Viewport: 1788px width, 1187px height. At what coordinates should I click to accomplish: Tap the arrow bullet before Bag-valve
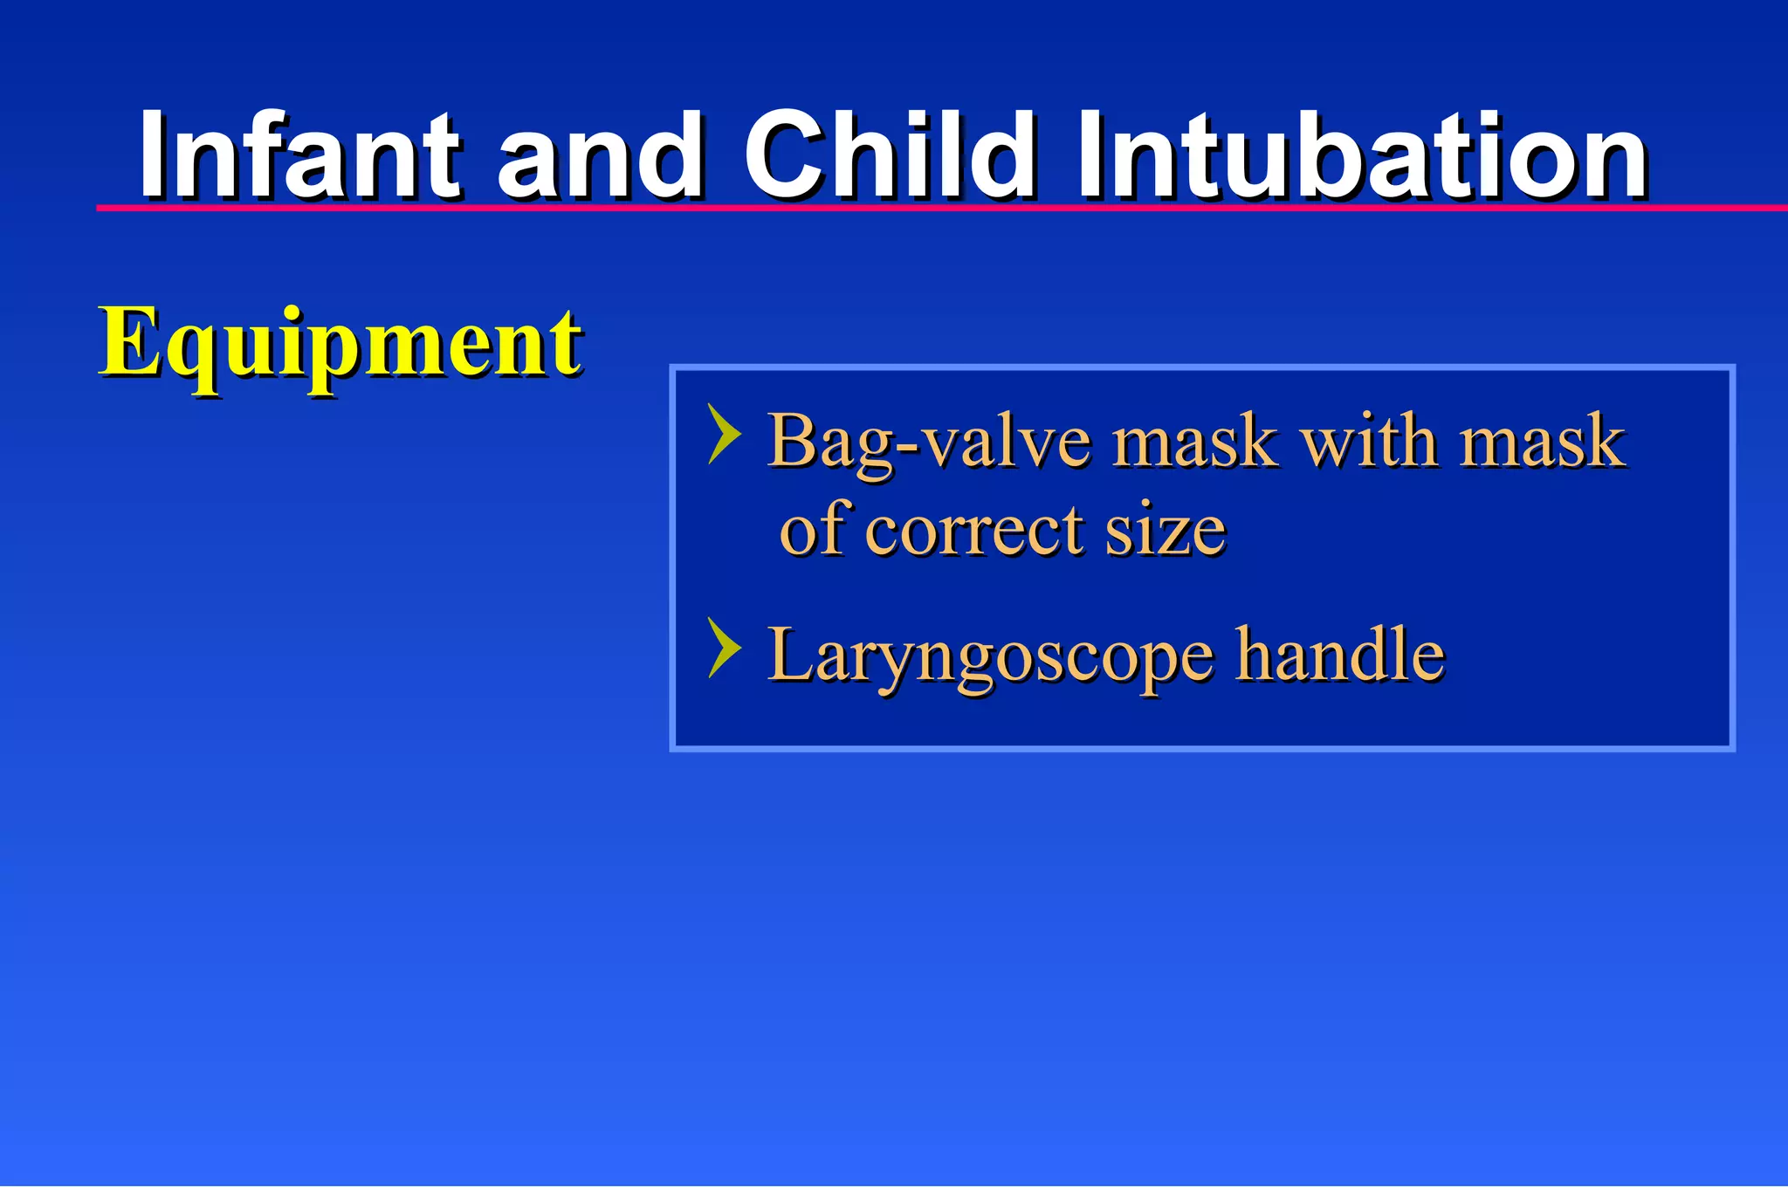[x=725, y=434]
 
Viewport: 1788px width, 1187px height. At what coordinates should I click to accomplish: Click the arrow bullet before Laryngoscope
[x=725, y=648]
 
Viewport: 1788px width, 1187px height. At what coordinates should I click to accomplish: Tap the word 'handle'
[x=1340, y=655]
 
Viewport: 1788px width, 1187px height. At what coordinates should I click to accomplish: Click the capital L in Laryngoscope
[x=789, y=655]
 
